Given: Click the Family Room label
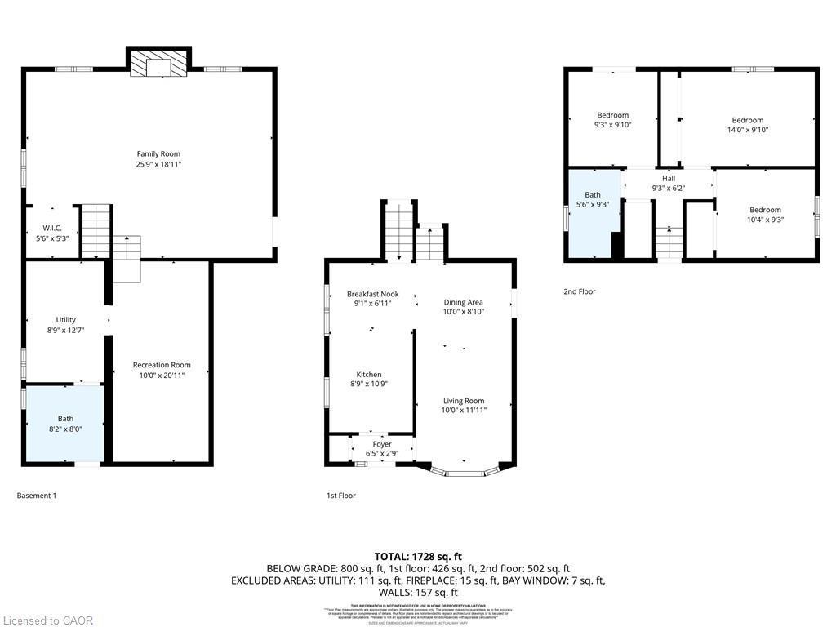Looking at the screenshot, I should [158, 153].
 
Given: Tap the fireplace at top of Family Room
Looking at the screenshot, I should [158, 64].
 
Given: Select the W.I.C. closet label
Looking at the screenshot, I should [52, 228].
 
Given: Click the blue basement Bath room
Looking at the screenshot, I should [65, 424].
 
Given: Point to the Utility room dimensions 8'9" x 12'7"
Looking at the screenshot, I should [65, 330].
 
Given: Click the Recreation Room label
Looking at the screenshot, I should [162, 365].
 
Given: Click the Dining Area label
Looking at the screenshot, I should [464, 302].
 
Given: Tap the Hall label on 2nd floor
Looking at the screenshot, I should [669, 179].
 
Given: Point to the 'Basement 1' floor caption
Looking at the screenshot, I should [37, 496].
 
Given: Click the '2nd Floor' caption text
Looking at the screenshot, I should [580, 291].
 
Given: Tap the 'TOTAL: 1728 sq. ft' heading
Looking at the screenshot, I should [417, 556].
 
